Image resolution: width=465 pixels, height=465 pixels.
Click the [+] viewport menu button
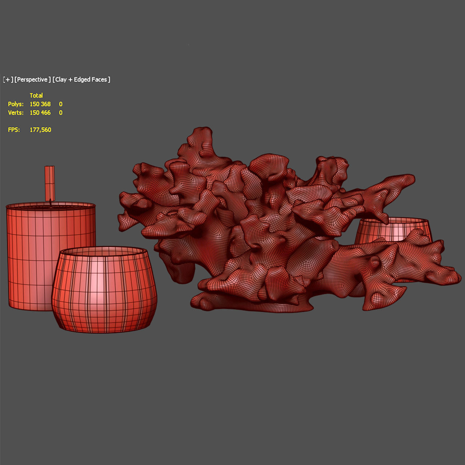coord(8,80)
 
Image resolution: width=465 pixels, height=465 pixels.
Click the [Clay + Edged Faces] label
coord(81,80)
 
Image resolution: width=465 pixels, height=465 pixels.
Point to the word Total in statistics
coord(36,96)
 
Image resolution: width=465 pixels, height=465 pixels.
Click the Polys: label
coord(16,104)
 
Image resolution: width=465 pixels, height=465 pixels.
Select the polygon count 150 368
coord(40,104)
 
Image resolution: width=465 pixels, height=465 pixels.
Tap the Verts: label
coord(16,113)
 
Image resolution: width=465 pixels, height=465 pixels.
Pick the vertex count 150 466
coord(40,113)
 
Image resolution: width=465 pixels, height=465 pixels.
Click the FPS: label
coord(14,130)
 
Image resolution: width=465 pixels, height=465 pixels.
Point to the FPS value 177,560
coord(40,130)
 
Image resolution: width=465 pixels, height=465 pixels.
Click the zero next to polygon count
coord(61,104)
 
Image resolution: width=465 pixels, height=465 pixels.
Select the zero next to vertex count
coord(61,113)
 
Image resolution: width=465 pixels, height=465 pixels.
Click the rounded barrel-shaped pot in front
coord(105,294)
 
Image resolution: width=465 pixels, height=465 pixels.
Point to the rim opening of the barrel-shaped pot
coord(104,251)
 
